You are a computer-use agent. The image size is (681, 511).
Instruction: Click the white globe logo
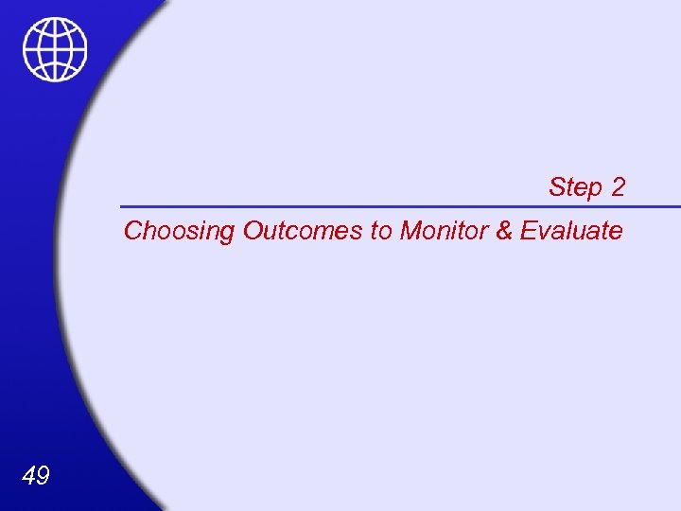[55, 49]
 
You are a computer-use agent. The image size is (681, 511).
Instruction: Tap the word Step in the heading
[575, 187]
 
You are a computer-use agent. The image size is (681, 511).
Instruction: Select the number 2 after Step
[618, 187]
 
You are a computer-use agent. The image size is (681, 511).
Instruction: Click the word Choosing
[180, 231]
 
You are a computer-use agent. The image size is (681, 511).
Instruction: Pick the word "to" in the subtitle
[381, 230]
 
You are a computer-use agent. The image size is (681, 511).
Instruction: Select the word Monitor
[444, 230]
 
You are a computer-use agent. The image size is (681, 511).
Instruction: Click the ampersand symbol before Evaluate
[504, 230]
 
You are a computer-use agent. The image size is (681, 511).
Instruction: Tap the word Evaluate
[571, 230]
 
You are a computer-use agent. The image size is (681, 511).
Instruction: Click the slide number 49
[35, 476]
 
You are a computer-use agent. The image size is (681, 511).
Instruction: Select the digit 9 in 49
[43, 476]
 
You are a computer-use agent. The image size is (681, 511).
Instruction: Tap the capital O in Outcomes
[253, 230]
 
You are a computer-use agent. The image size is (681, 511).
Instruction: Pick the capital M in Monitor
[410, 230]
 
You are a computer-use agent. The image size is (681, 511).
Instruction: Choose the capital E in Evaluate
[528, 230]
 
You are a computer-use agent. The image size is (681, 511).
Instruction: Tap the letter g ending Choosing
[227, 233]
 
